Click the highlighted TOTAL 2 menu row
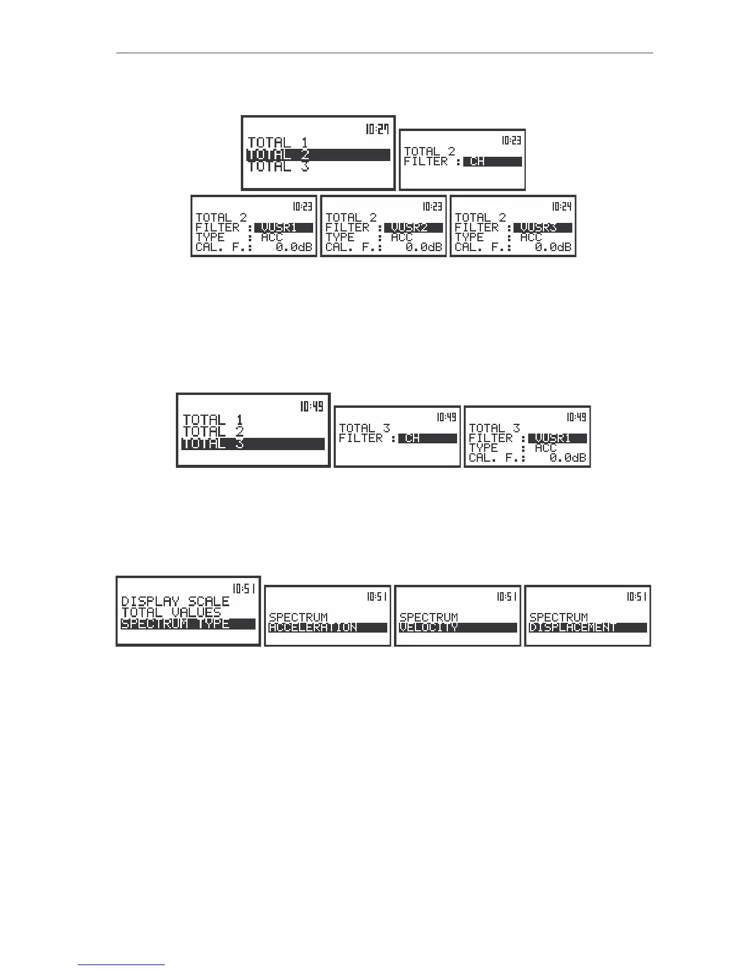click(318, 155)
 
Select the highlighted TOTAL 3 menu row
click(252, 444)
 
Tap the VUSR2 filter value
click(414, 228)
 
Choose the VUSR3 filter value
click(543, 228)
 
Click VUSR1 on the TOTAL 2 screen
click(284, 228)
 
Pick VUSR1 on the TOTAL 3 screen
click(557, 438)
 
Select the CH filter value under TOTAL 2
click(493, 162)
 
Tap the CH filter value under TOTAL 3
click(427, 438)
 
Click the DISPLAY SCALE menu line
click(175, 601)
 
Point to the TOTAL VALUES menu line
click(171, 612)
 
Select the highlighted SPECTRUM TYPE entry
click(187, 624)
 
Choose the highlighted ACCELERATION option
click(328, 628)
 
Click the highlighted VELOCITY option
click(458, 628)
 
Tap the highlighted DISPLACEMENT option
click(588, 628)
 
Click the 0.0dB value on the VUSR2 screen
click(423, 247)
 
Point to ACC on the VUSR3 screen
click(531, 238)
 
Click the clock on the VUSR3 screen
click(562, 207)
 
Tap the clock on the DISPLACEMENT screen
click(637, 596)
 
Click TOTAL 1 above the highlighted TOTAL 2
click(278, 143)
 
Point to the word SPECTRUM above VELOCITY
click(428, 617)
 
